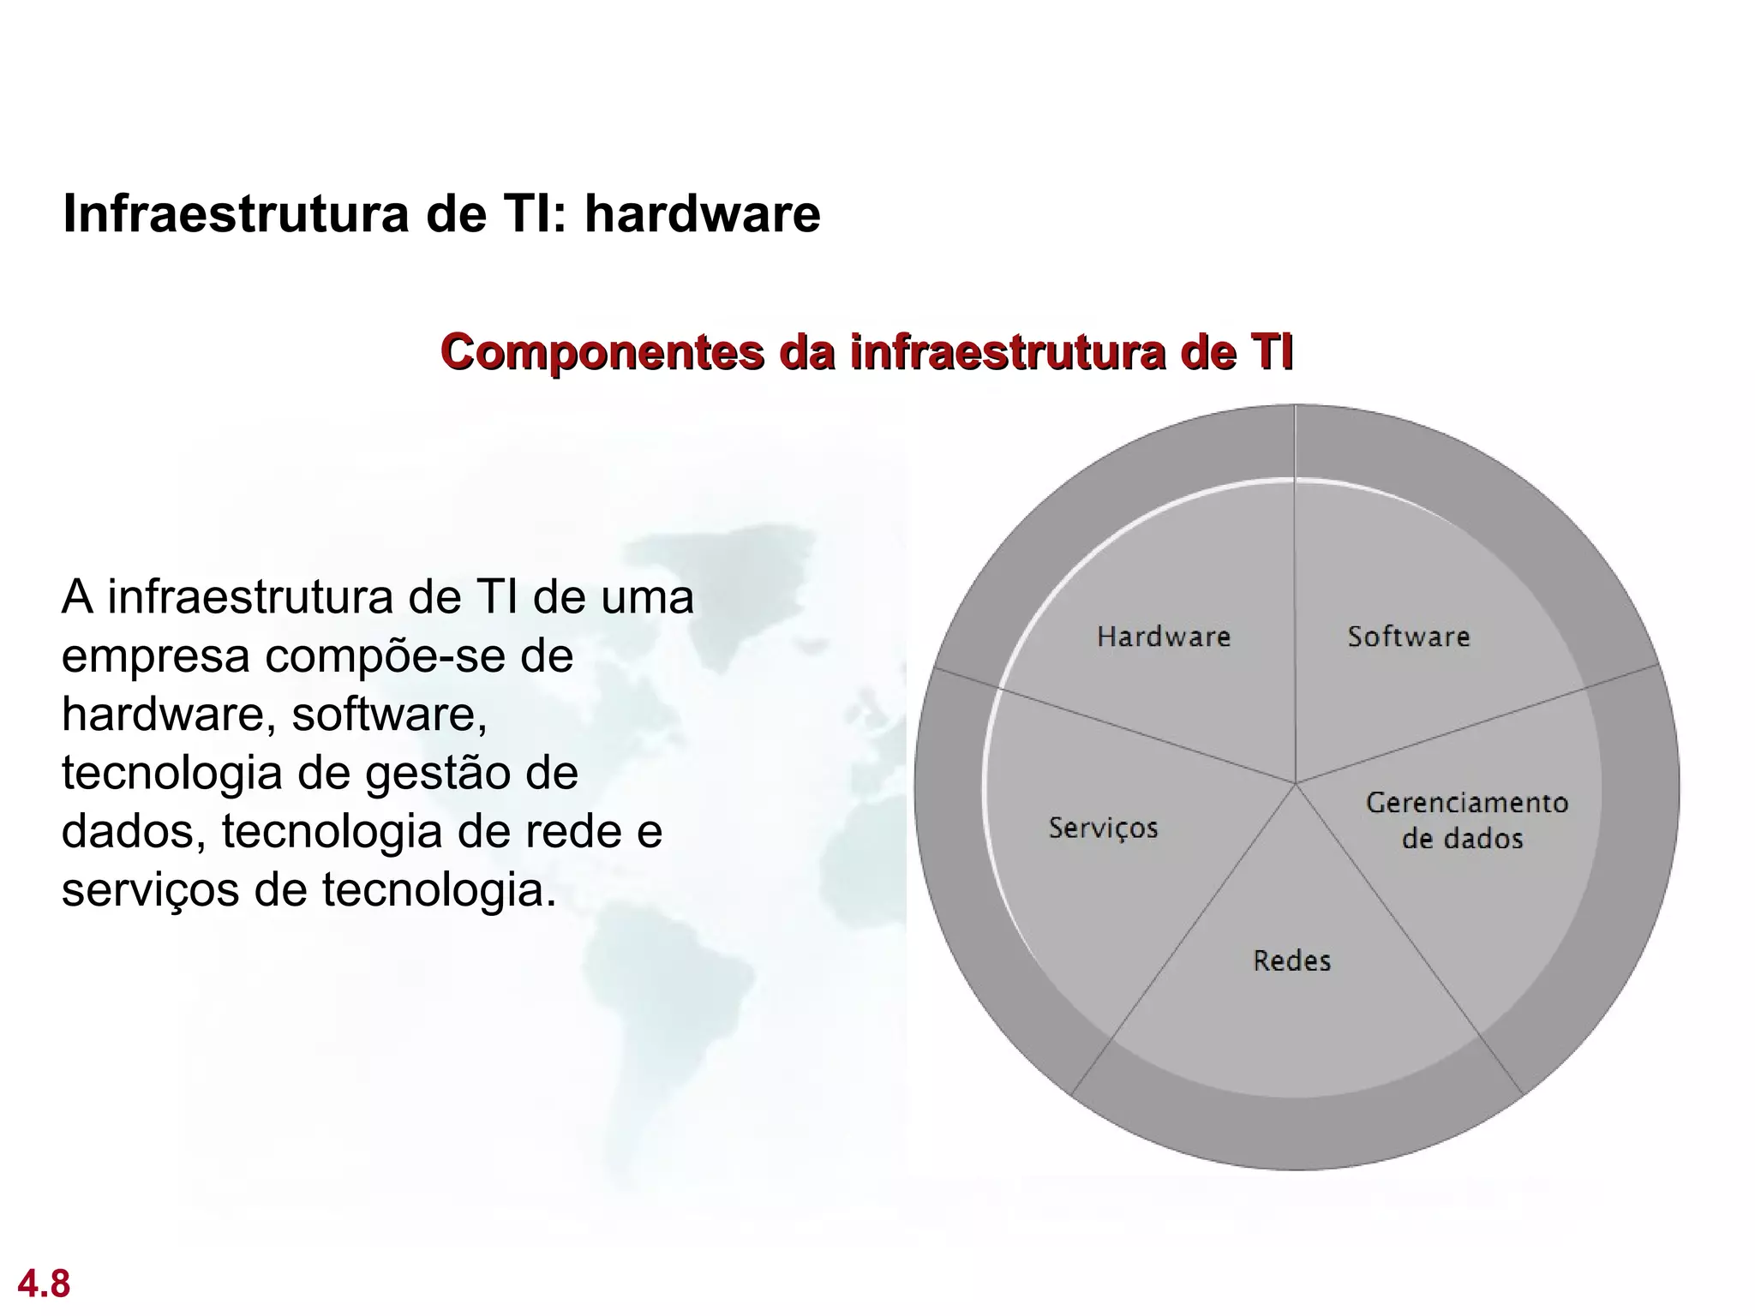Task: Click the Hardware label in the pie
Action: click(x=1163, y=637)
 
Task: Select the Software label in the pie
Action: click(x=1408, y=637)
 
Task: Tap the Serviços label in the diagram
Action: click(x=1103, y=828)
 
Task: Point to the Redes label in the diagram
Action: click(x=1291, y=960)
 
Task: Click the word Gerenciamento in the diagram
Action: click(x=1466, y=803)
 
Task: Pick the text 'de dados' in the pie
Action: click(x=1462, y=838)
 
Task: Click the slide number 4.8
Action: click(x=44, y=1283)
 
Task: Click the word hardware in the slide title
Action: click(x=702, y=213)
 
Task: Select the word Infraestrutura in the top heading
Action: click(x=237, y=213)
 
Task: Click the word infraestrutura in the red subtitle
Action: click(x=1007, y=352)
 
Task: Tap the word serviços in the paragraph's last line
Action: click(x=150, y=890)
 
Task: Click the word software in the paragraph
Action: click(x=389, y=714)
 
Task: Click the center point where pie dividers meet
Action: click(x=1295, y=782)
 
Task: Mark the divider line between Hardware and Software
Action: click(x=1295, y=600)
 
